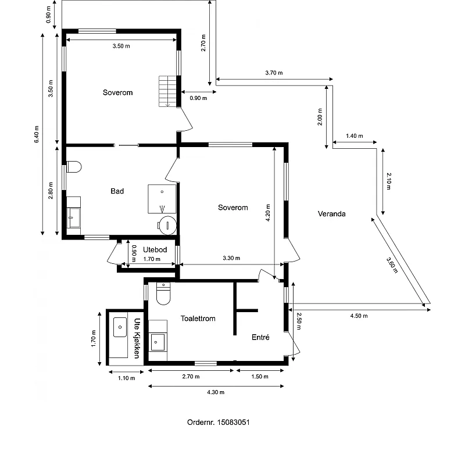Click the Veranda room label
click(x=331, y=214)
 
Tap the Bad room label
click(x=117, y=191)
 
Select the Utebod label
click(x=155, y=250)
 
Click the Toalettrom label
click(x=198, y=319)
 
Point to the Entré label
click(x=260, y=337)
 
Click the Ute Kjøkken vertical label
click(x=137, y=338)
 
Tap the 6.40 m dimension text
click(x=37, y=134)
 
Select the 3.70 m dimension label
click(x=274, y=73)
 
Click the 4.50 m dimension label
click(x=359, y=316)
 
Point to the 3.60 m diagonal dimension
click(x=392, y=265)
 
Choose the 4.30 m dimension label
click(x=216, y=392)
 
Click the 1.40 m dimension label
click(x=355, y=136)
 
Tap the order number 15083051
click(x=234, y=423)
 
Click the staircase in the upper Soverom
click(x=167, y=91)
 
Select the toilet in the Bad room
click(x=74, y=167)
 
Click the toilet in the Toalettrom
click(x=163, y=294)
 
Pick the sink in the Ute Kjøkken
click(x=120, y=327)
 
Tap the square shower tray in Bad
click(x=162, y=199)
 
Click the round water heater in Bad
click(x=167, y=226)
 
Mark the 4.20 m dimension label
click(x=268, y=213)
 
